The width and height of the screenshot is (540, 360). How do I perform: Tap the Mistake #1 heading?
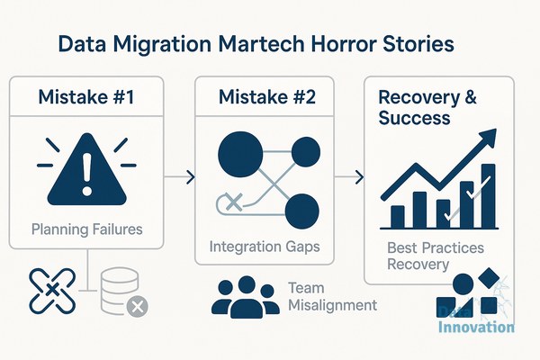[86, 97]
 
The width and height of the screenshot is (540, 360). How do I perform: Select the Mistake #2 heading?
[267, 97]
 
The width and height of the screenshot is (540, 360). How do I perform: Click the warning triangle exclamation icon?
[86, 169]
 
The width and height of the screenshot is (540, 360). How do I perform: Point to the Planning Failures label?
[86, 229]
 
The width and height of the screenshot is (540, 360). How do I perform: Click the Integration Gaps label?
[265, 247]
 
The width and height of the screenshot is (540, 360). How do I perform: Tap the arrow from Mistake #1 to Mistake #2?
[179, 177]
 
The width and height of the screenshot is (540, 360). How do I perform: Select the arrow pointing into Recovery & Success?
[349, 177]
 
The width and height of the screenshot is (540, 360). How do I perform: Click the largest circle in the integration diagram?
[240, 154]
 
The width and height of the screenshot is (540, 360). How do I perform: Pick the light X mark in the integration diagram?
[234, 202]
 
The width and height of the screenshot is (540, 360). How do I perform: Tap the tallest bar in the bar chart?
[489, 195]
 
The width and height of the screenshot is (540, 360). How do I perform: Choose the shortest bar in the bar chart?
[398, 217]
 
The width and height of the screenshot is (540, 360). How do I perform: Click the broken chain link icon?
[52, 291]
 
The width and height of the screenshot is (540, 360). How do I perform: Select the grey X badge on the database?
[138, 306]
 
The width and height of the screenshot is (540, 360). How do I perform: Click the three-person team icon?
[246, 297]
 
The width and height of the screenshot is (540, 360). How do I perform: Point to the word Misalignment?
[332, 305]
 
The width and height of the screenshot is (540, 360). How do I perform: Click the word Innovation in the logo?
[476, 327]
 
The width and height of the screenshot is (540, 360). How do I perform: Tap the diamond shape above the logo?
[489, 278]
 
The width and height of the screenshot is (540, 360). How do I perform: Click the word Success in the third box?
[414, 118]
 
